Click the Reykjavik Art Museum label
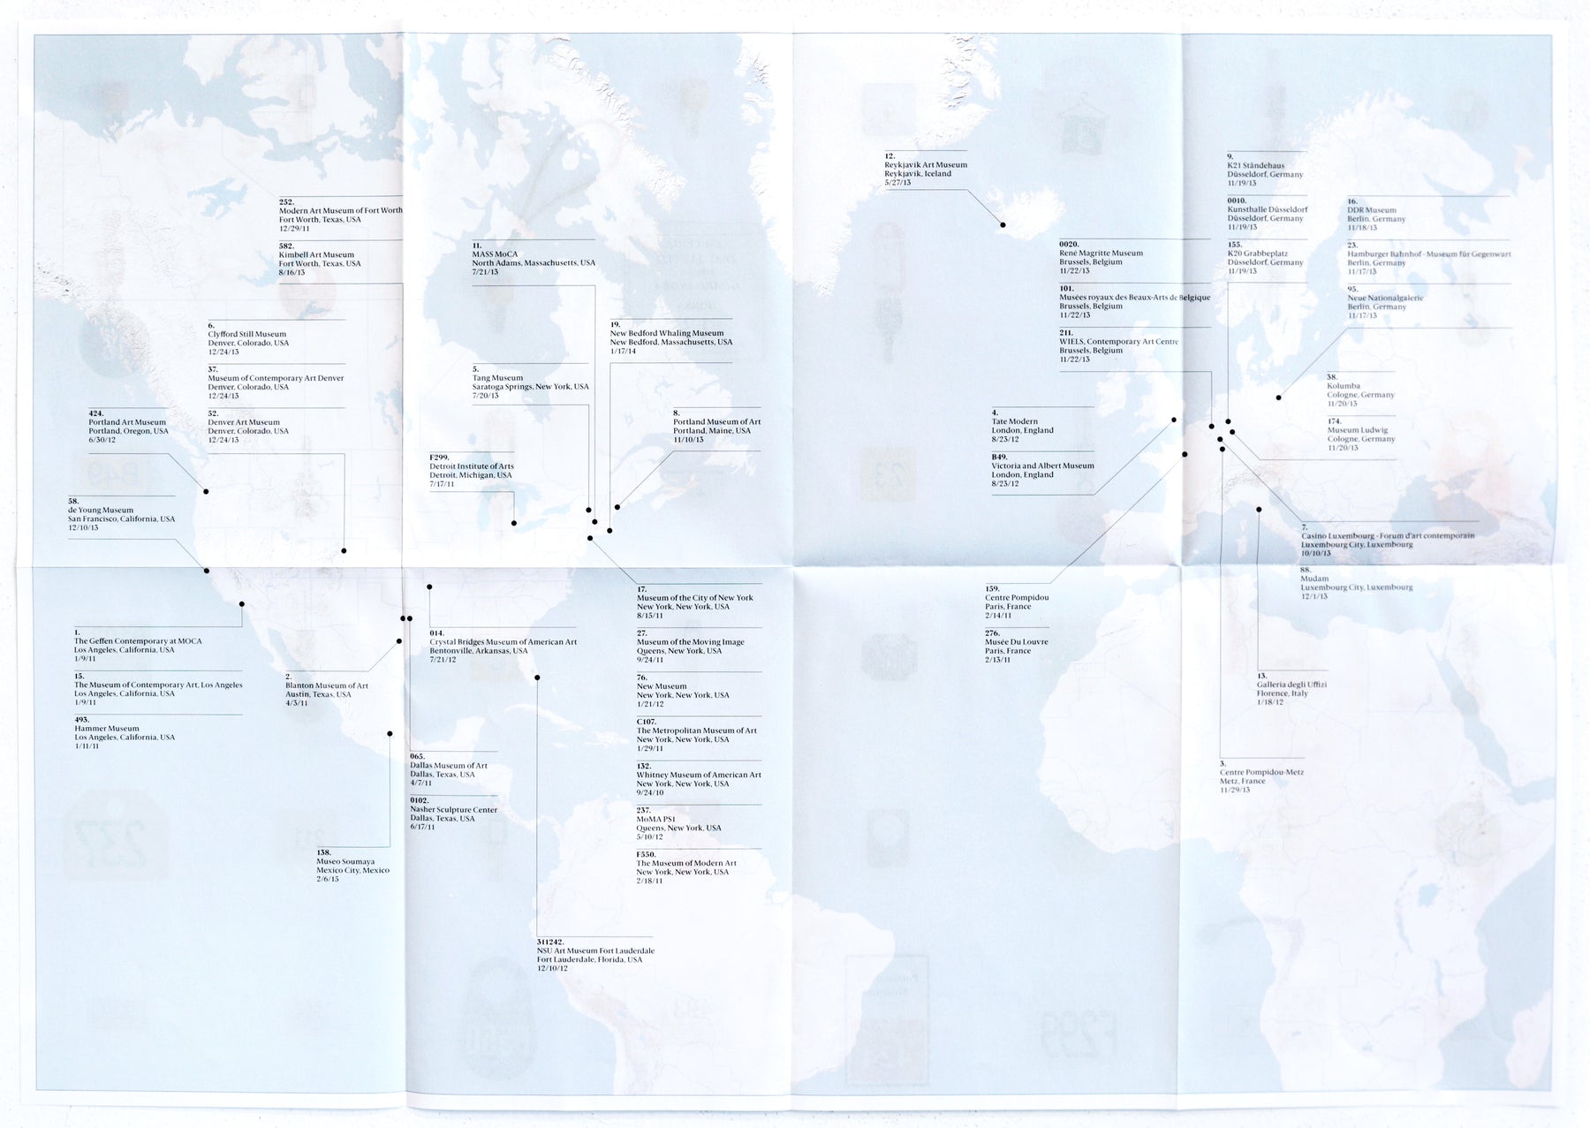(925, 165)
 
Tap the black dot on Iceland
(1003, 225)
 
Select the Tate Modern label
(1014, 422)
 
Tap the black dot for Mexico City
(390, 733)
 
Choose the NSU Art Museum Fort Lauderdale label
(595, 950)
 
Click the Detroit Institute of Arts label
(471, 466)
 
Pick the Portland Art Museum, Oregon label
(127, 422)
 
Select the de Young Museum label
(101, 511)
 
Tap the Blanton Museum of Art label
(326, 685)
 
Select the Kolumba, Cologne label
(1343, 386)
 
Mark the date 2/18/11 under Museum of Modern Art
(649, 881)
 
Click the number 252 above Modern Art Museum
(286, 202)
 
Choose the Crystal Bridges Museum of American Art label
(503, 642)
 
